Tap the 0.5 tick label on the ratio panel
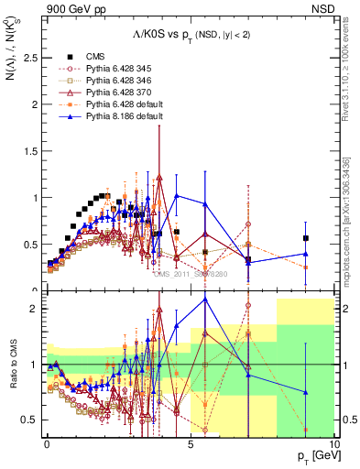(x=31, y=420)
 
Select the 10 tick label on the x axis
(x=333, y=443)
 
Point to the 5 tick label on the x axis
(x=190, y=443)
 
